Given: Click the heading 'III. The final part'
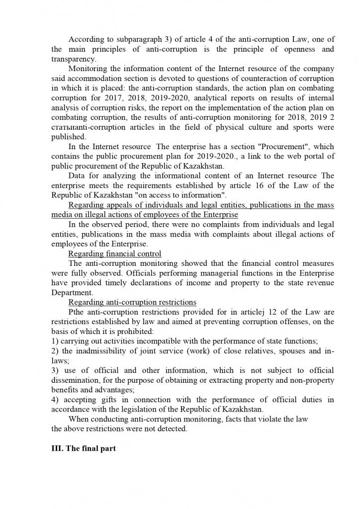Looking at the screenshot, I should (84, 448).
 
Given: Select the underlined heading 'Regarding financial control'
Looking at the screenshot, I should (114, 254).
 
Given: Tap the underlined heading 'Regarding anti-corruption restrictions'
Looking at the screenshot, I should (132, 302).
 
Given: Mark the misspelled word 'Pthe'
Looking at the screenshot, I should (77, 312).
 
